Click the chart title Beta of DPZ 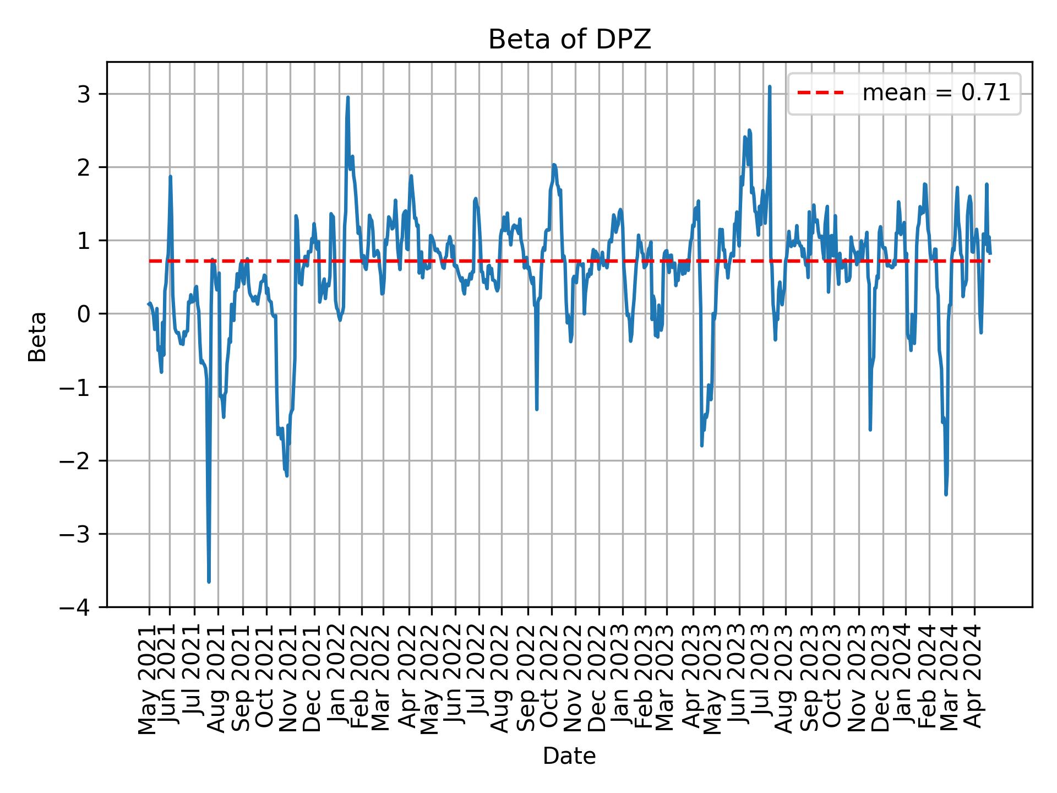point(569,40)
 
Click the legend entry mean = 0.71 point(936,93)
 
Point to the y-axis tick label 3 point(84,94)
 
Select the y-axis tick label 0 point(84,314)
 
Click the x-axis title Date point(569,756)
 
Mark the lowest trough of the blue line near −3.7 point(209,582)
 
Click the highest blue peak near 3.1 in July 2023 point(770,86)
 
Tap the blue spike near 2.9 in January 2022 point(348,97)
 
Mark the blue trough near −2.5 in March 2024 point(946,495)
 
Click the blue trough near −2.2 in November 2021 point(287,475)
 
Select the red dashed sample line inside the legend point(820,93)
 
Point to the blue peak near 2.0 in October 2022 point(554,165)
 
